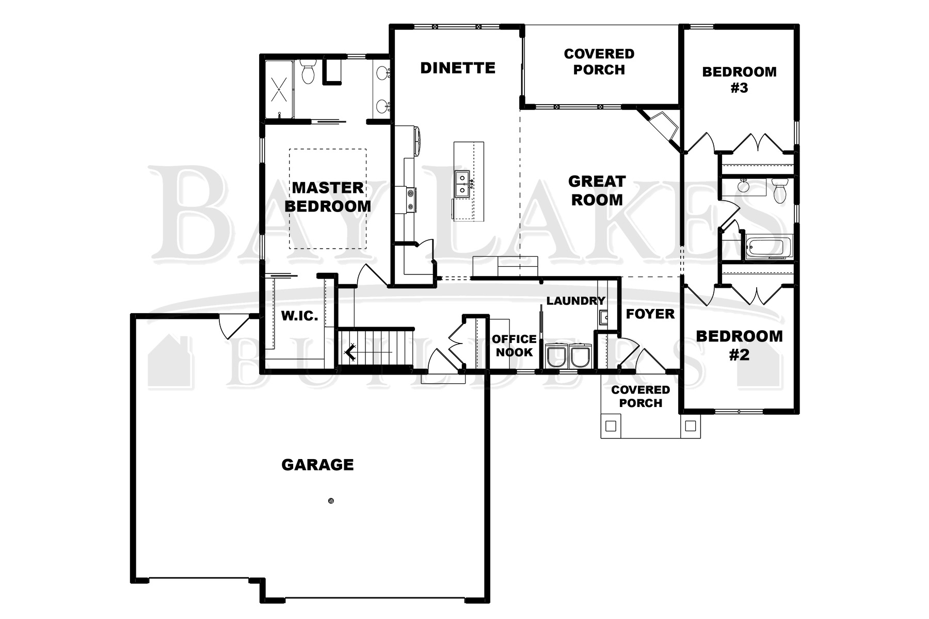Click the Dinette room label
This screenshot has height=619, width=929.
(x=458, y=68)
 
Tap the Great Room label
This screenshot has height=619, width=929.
(x=597, y=190)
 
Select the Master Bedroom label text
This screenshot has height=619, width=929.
(x=328, y=197)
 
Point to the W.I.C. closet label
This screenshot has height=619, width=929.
(x=299, y=316)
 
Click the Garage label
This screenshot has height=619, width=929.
(x=317, y=465)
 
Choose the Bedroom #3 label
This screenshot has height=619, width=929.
(x=739, y=79)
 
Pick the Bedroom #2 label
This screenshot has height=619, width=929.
(x=739, y=345)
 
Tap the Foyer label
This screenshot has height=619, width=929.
(x=650, y=314)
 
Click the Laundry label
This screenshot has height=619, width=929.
(x=575, y=301)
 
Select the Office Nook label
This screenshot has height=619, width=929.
(x=514, y=346)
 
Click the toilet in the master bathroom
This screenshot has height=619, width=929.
(x=308, y=72)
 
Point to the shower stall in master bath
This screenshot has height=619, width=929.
(x=279, y=89)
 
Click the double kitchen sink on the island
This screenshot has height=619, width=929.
(x=462, y=184)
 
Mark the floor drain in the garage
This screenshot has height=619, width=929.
(x=331, y=500)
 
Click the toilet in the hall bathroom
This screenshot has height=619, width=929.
(x=779, y=190)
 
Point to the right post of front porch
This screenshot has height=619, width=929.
(x=691, y=426)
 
